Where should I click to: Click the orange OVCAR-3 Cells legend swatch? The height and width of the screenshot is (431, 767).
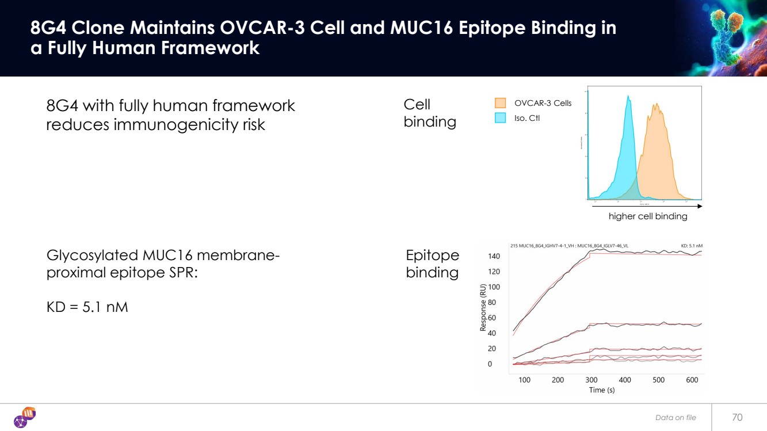pyautogui.click(x=500, y=103)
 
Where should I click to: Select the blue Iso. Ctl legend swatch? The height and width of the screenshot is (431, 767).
pyautogui.click(x=500, y=118)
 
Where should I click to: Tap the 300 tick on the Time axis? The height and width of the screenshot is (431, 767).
pyautogui.click(x=592, y=380)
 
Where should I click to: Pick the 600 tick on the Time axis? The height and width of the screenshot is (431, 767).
pyautogui.click(x=692, y=380)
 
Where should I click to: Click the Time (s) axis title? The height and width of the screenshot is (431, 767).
pyautogui.click(x=602, y=390)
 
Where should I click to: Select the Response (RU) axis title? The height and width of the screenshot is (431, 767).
pyautogui.click(x=483, y=309)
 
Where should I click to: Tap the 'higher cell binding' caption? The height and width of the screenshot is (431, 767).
pyautogui.click(x=648, y=216)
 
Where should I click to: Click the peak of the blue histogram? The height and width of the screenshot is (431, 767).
pyautogui.click(x=628, y=97)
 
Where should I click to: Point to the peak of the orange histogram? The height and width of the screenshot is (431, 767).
pyautogui.click(x=655, y=105)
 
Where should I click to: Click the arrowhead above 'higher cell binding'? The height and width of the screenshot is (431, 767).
pyautogui.click(x=699, y=205)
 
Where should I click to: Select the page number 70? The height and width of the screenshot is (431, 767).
pyautogui.click(x=737, y=417)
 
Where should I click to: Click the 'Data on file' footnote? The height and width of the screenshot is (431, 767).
pyautogui.click(x=676, y=418)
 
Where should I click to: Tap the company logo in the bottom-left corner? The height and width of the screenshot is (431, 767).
pyautogui.click(x=25, y=417)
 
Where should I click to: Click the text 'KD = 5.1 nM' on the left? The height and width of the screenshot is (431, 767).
pyautogui.click(x=87, y=307)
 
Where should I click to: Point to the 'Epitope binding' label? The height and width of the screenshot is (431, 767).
pyautogui.click(x=432, y=264)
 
